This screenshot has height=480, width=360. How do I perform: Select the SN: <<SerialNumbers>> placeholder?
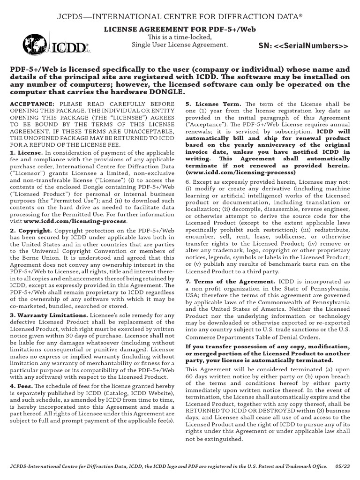point(304,46)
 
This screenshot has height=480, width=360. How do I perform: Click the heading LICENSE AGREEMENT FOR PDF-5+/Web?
point(180,29)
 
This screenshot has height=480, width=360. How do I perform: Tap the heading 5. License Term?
point(214,104)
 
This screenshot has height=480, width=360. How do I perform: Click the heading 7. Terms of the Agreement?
point(230,281)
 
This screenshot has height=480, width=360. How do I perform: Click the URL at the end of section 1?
point(75,221)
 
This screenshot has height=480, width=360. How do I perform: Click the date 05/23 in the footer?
point(343,467)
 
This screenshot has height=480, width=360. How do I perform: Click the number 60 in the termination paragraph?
point(190,376)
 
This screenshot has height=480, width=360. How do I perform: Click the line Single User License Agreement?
point(180,45)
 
